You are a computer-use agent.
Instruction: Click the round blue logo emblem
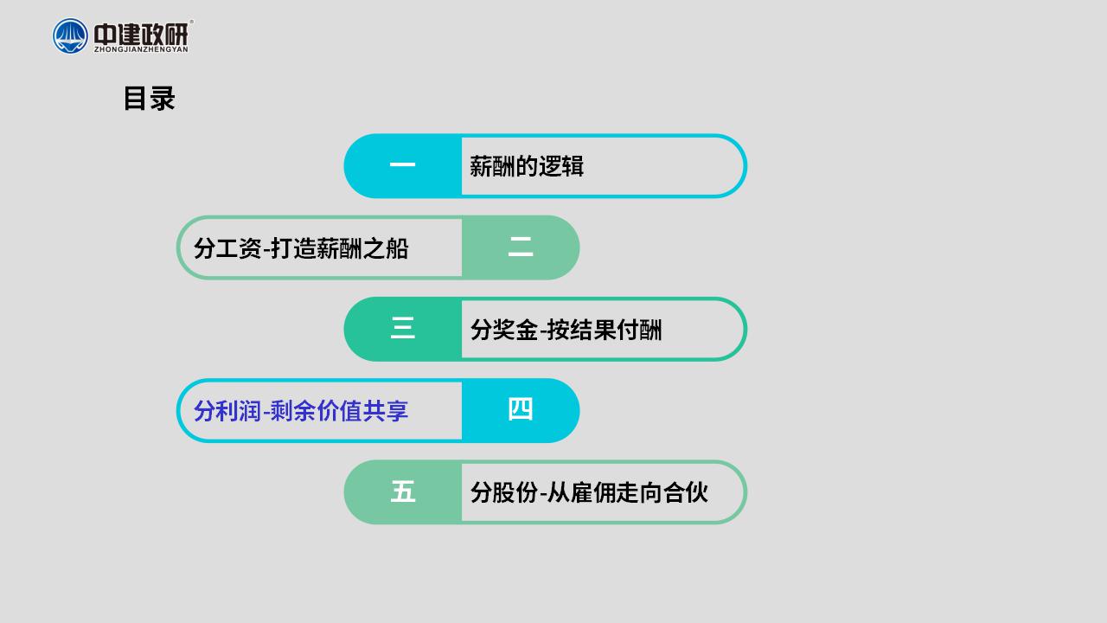[70, 36]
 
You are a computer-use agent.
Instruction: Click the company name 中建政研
[141, 34]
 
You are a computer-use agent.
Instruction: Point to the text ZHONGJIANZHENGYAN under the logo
[141, 49]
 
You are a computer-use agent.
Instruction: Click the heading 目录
[150, 99]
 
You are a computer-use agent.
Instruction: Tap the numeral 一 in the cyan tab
[402, 164]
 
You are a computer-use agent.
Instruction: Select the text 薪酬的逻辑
[527, 166]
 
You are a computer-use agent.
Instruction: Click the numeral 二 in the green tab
[521, 247]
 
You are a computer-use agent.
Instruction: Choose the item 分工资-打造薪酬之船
[301, 248]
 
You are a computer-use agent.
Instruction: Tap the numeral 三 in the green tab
[402, 328]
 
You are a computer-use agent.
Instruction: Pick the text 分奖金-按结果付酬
[566, 330]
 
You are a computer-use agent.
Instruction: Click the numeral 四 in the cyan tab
[521, 409]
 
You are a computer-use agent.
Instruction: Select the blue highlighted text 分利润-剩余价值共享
[301, 411]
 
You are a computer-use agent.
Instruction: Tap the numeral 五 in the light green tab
[402, 491]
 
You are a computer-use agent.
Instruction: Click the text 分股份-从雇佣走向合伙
[589, 492]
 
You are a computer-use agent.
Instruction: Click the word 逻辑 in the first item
[561, 166]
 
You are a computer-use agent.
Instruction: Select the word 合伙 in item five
[686, 492]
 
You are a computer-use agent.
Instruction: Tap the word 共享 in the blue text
[386, 411]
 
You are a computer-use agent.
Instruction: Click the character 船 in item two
[397, 248]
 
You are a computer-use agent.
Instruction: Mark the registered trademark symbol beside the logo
[191, 22]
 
